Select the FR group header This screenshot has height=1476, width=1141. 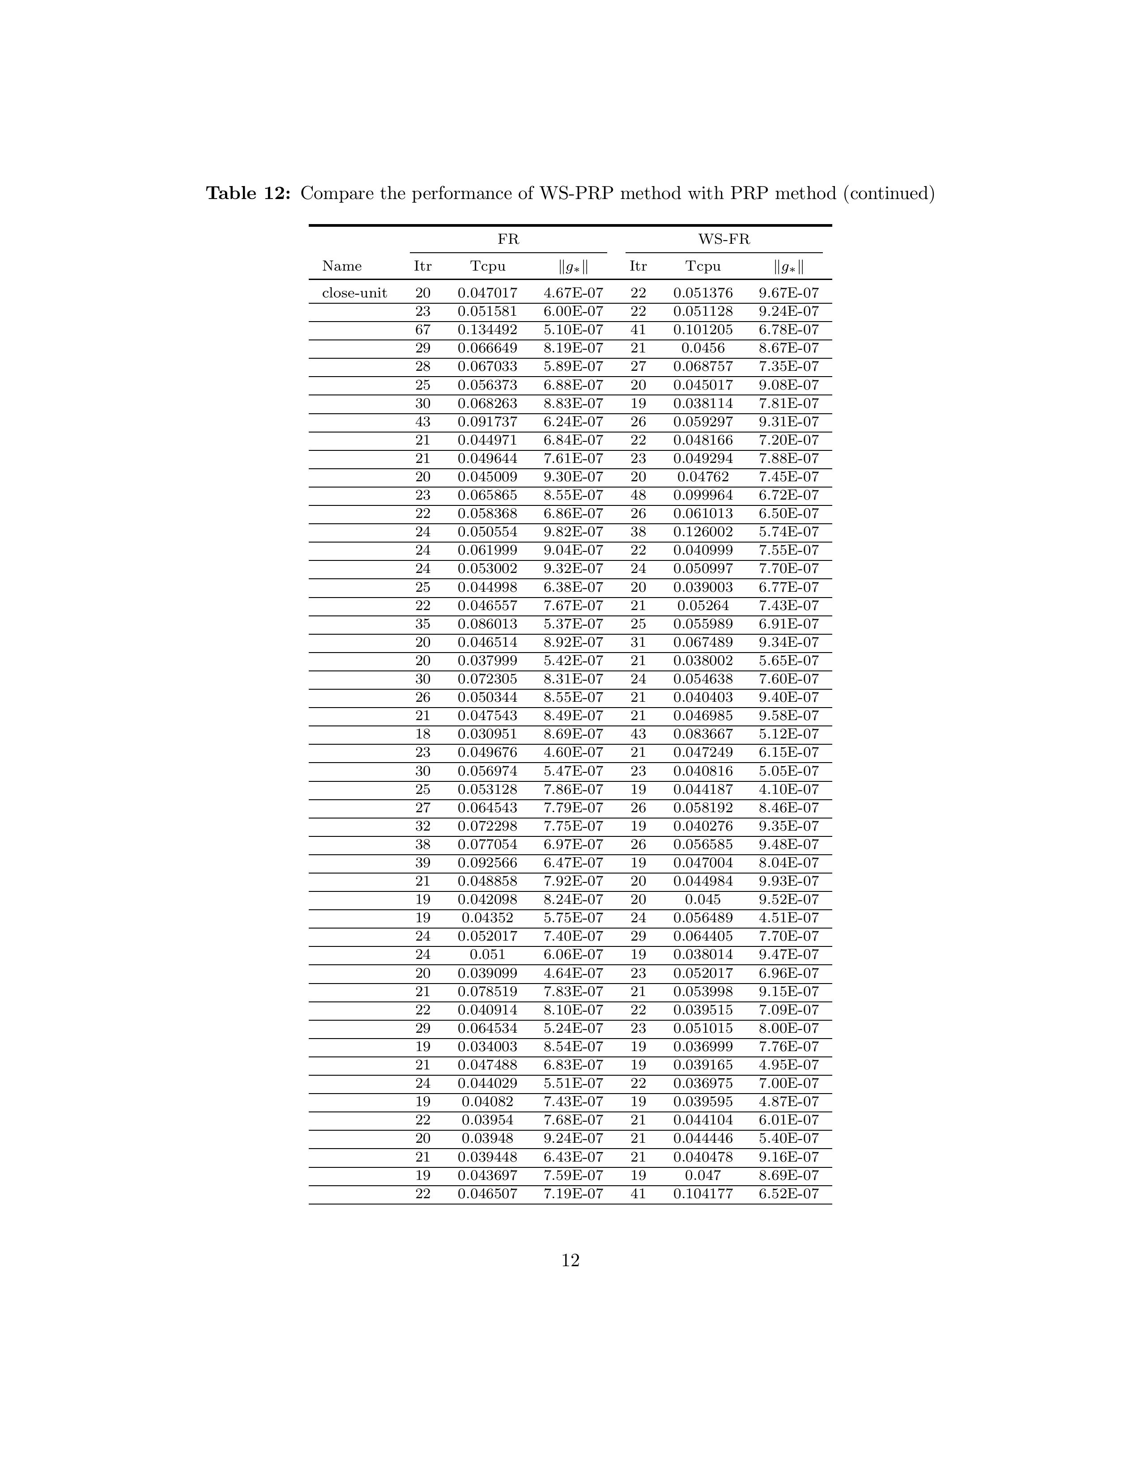pyautogui.click(x=508, y=239)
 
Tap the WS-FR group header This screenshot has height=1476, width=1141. pyautogui.click(x=723, y=239)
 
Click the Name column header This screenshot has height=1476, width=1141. pyautogui.click(x=341, y=266)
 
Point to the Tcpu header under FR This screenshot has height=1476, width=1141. pyautogui.click(x=487, y=266)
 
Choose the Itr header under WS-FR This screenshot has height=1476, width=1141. pyautogui.click(x=638, y=266)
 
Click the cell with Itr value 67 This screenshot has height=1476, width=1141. pyautogui.click(x=422, y=330)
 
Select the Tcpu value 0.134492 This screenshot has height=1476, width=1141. pyautogui.click(x=487, y=330)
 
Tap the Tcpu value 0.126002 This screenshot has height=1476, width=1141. pyautogui.click(x=702, y=532)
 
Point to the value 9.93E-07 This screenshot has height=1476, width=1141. pyautogui.click(x=788, y=881)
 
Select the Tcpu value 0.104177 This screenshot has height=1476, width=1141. pyautogui.click(x=702, y=1193)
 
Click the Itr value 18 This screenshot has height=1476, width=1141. pyautogui.click(x=422, y=734)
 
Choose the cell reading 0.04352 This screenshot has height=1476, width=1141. pyautogui.click(x=487, y=918)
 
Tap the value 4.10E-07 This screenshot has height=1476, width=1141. pyautogui.click(x=788, y=789)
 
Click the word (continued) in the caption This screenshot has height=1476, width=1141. pyautogui.click(x=888, y=194)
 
